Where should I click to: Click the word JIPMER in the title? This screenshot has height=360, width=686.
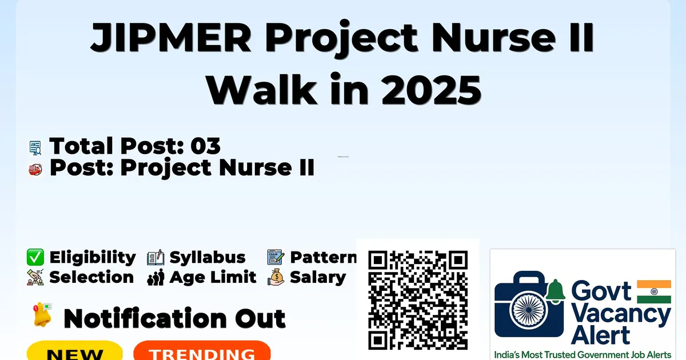click(171, 37)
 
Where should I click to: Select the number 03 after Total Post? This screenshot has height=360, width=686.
click(205, 146)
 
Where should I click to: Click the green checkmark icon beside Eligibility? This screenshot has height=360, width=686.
click(35, 257)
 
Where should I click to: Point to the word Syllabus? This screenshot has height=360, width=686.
click(208, 258)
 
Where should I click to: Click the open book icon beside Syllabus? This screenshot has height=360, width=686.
click(155, 258)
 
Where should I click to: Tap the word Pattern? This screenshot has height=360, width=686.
click(324, 257)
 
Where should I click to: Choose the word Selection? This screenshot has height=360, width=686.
click(91, 277)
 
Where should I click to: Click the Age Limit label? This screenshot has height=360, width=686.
click(213, 277)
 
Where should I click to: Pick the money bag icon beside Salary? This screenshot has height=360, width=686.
click(276, 277)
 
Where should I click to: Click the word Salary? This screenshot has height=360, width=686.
click(318, 278)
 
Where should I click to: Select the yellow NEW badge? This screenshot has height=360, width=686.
click(75, 350)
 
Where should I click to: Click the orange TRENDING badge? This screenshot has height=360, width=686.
click(202, 350)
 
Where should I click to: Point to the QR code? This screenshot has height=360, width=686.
click(418, 300)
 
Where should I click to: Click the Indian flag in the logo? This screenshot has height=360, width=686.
click(654, 291)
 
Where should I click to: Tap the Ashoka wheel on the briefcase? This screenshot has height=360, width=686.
click(529, 310)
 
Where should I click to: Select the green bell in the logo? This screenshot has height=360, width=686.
click(555, 291)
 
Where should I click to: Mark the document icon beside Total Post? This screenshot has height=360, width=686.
click(35, 148)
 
